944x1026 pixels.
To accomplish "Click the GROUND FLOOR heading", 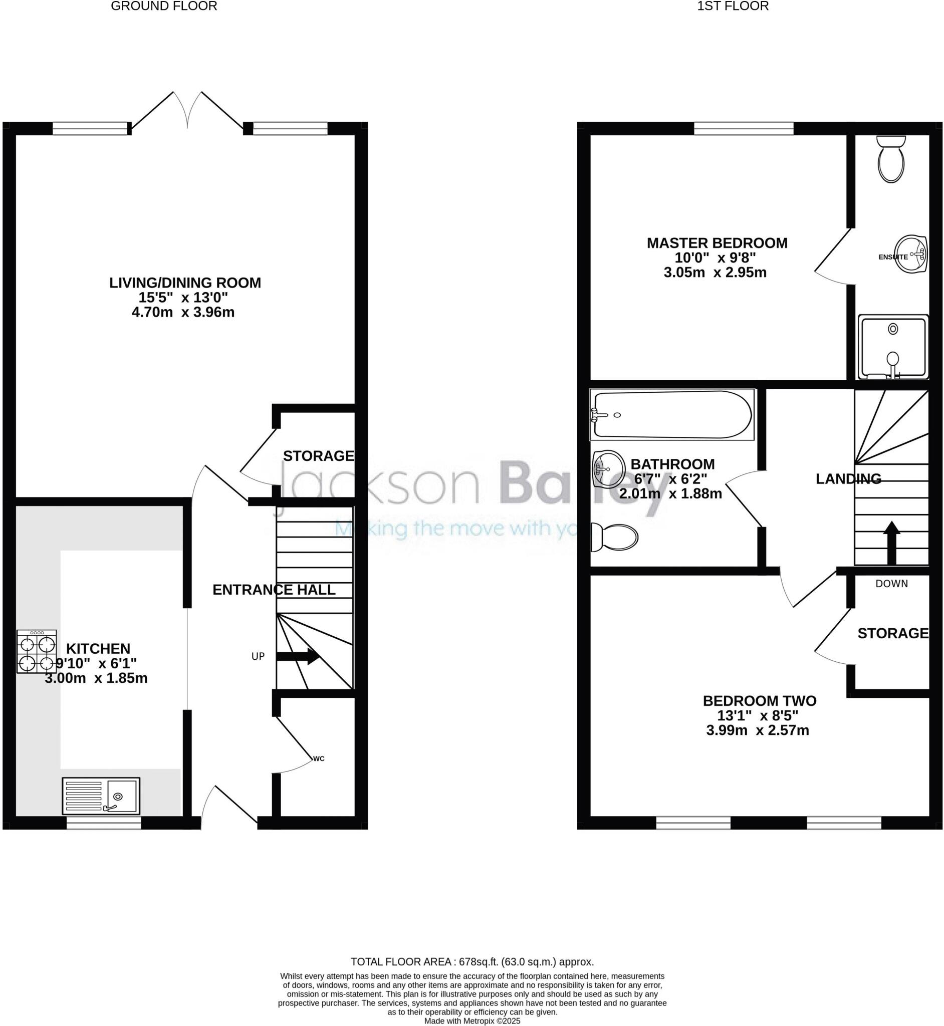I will click(x=164, y=6).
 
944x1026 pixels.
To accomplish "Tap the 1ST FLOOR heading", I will click(x=733, y=6).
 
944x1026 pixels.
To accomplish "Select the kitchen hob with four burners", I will click(x=36, y=651).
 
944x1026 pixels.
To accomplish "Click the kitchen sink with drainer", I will click(x=101, y=796).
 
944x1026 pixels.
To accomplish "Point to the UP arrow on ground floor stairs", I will click(x=298, y=657).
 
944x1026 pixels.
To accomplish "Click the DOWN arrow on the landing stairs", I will click(x=892, y=543).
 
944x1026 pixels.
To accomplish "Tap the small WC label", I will click(x=319, y=758).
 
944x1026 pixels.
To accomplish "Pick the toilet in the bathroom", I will click(x=614, y=537).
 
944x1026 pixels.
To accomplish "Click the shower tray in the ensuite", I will click(x=893, y=347).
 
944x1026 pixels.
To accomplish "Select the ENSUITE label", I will click(x=893, y=257).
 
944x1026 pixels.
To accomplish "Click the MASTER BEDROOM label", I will click(x=717, y=243).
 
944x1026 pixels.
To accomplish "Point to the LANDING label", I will click(x=848, y=478).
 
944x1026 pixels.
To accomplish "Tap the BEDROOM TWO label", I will click(x=760, y=701).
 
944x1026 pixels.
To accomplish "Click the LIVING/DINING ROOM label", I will click(x=185, y=283).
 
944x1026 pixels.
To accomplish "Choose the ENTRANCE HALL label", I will click(x=274, y=590).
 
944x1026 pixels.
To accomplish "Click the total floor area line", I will click(x=472, y=962).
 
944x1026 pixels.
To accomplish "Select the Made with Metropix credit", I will click(x=472, y=1021).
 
